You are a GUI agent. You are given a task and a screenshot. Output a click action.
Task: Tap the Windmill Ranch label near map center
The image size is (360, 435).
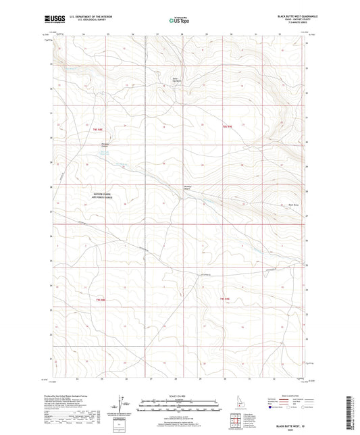coord(188,188)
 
